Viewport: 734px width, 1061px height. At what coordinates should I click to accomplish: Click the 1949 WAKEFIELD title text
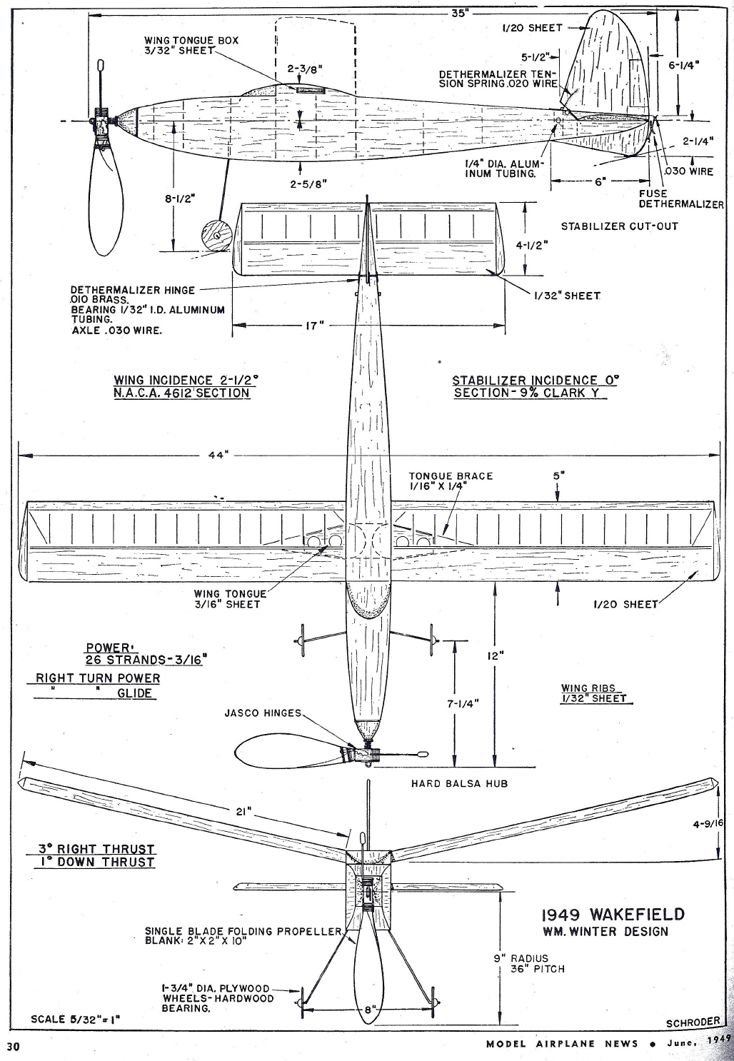click(612, 915)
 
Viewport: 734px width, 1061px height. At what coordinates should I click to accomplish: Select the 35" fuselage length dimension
click(459, 14)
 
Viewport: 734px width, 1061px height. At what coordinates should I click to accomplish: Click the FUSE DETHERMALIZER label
click(680, 198)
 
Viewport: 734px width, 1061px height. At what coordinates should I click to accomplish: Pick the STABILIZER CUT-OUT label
click(619, 226)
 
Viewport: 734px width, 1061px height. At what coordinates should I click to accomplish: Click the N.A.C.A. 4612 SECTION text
click(181, 393)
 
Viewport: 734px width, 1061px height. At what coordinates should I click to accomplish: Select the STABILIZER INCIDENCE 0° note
click(535, 381)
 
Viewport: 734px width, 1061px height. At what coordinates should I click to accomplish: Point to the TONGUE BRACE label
click(450, 480)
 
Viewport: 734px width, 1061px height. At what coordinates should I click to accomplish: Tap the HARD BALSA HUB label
click(458, 783)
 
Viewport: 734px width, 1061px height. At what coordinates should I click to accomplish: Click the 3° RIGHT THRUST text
click(96, 849)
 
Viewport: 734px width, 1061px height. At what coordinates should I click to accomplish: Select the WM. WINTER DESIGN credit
click(605, 931)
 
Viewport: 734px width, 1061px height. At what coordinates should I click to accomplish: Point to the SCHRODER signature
click(692, 1022)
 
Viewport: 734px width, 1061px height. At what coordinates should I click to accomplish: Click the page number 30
click(13, 1047)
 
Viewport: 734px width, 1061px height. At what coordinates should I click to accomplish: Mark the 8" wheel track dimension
click(367, 1010)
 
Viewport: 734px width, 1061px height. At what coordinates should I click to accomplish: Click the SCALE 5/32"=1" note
click(76, 1018)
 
